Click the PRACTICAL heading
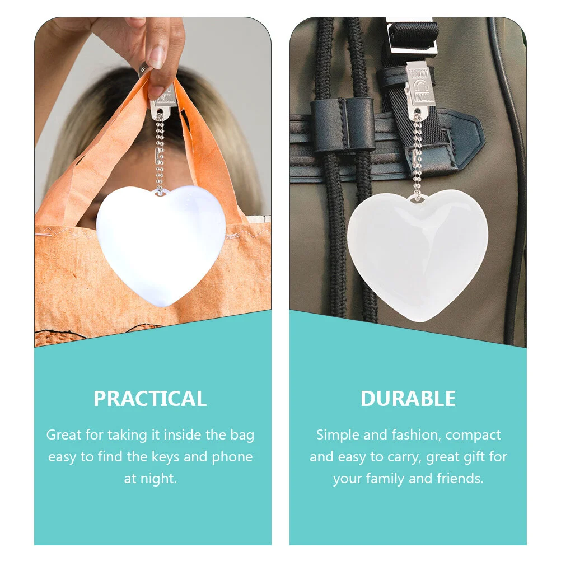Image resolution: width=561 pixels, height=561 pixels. point(150,399)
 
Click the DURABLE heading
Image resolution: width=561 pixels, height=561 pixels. point(408,399)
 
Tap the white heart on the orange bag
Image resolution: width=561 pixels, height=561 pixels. point(161,245)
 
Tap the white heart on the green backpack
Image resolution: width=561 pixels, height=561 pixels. point(418,255)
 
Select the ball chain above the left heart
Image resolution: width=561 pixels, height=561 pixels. point(160,152)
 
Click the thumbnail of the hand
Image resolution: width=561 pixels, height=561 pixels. point(156,58)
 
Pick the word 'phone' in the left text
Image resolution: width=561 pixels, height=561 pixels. point(232,457)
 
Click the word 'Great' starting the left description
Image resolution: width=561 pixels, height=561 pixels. point(64,434)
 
